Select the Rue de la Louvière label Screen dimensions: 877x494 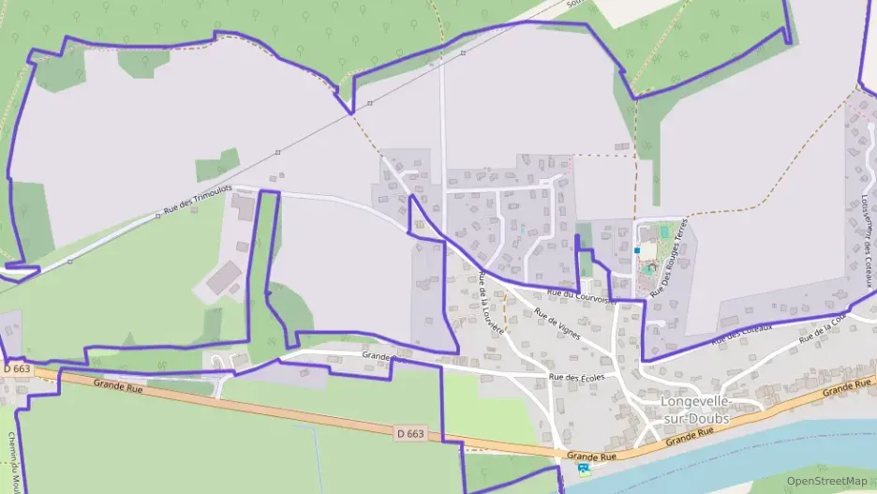(x=492, y=303)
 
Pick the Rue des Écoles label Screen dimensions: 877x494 (x=576, y=377)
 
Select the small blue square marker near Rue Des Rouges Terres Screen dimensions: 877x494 (x=637, y=250)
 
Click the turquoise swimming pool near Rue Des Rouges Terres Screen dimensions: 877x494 (x=664, y=230)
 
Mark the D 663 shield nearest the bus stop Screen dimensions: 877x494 (x=410, y=433)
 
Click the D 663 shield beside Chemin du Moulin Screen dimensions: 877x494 (x=17, y=369)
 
